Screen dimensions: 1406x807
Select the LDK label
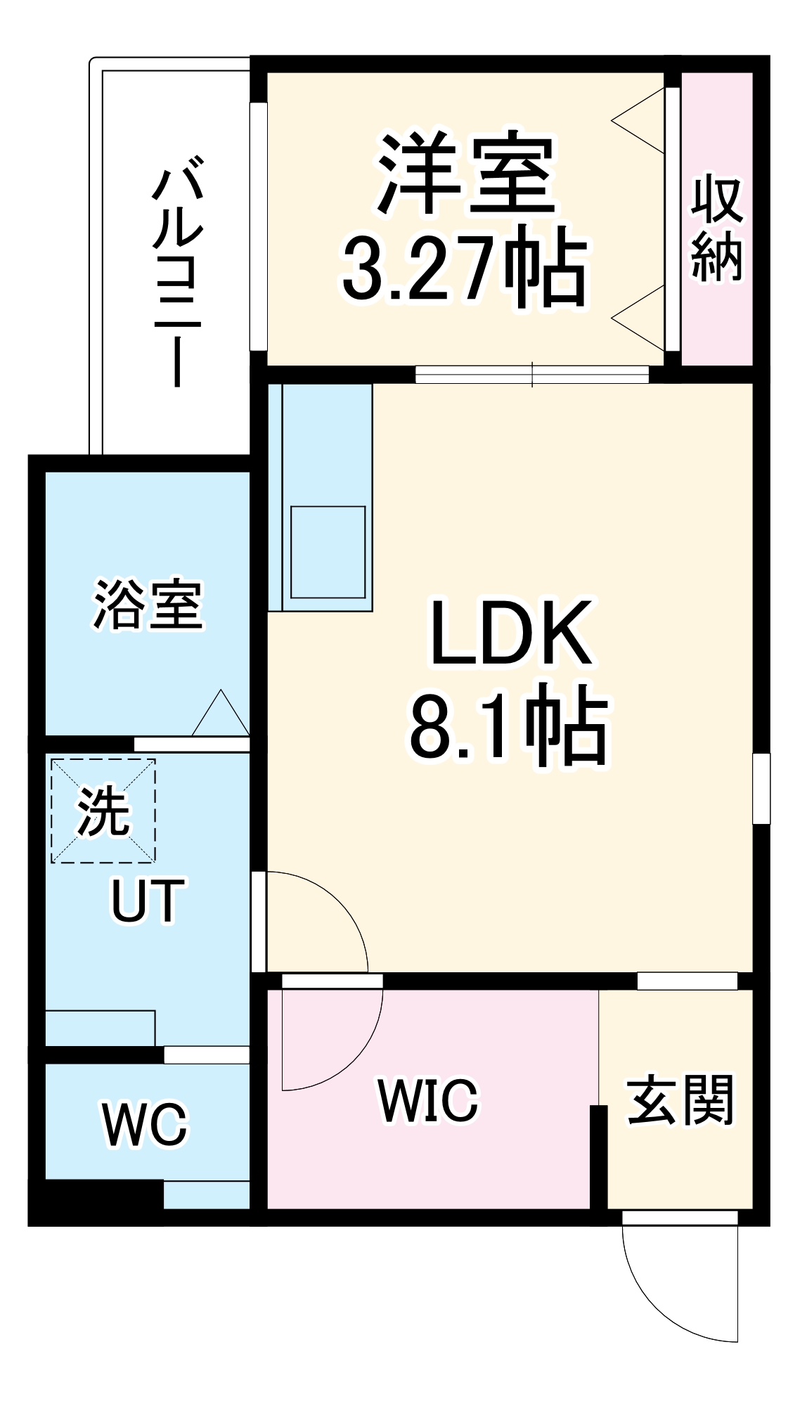(510, 633)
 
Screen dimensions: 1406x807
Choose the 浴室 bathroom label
(148, 604)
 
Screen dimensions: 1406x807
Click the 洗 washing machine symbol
(103, 810)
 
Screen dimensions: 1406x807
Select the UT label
(148, 901)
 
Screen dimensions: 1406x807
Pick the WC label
(146, 1125)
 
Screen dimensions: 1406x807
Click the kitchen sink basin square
(328, 553)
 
